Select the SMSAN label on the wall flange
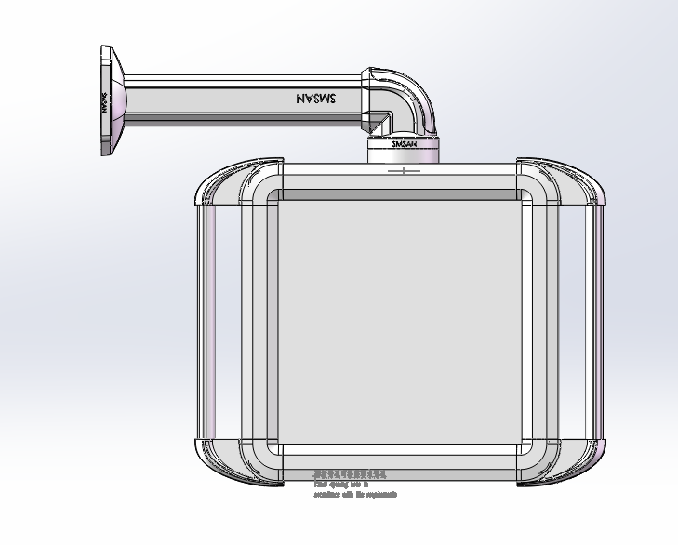(105, 100)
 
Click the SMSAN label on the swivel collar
(403, 144)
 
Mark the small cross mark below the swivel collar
(403, 171)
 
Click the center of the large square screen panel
(400, 321)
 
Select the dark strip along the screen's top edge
(400, 196)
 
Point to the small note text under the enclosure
(354, 485)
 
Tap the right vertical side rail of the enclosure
(596, 321)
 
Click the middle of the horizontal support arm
(242, 98)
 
